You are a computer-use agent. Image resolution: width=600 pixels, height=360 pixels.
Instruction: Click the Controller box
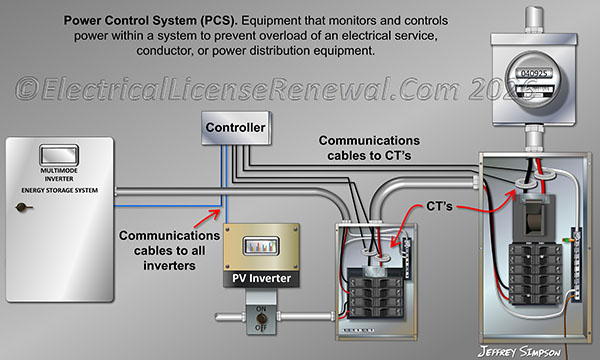(x=235, y=128)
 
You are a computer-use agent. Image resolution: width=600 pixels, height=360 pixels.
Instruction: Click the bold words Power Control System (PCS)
(x=146, y=19)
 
